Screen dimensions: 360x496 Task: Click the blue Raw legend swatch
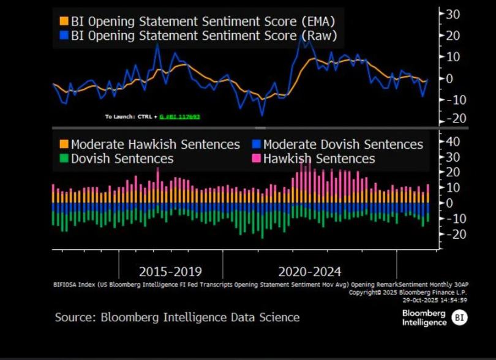[64, 36]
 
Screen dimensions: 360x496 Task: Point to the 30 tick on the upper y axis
[453, 13]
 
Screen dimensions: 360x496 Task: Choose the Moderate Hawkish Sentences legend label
[155, 144]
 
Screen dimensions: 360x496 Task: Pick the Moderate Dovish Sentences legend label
[343, 144]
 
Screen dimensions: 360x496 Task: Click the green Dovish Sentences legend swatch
[63, 159]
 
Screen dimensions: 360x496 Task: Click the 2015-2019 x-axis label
[170, 272]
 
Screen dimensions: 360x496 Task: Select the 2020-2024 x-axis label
[309, 272]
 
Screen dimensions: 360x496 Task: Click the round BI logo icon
[459, 317]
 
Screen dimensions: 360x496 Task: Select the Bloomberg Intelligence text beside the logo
[424, 317]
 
